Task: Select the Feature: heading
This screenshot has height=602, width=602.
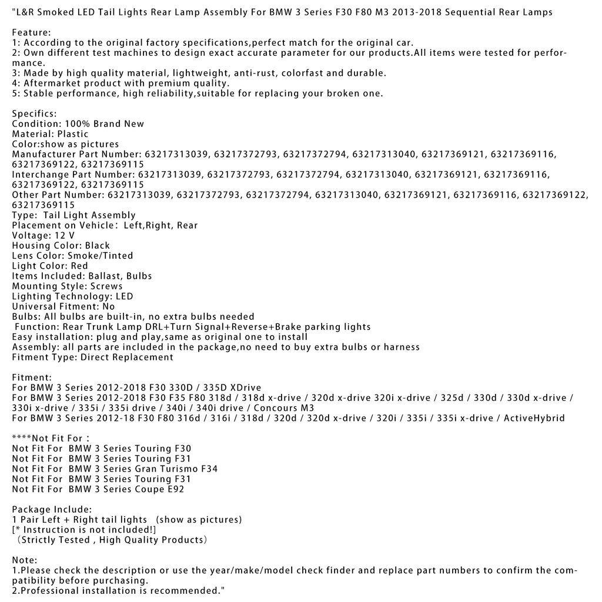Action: click(x=31, y=33)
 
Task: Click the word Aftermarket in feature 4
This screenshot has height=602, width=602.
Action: click(x=51, y=83)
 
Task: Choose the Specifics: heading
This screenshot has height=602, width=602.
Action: click(x=35, y=113)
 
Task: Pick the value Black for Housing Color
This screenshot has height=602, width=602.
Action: click(x=98, y=246)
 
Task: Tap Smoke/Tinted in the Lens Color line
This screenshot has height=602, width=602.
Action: click(x=101, y=256)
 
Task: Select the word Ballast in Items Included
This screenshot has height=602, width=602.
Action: click(x=105, y=276)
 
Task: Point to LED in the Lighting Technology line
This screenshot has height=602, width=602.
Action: click(x=123, y=296)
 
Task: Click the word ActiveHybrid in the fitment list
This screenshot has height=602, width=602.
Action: click(x=536, y=418)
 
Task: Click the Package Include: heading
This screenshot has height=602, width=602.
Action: click(x=52, y=509)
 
